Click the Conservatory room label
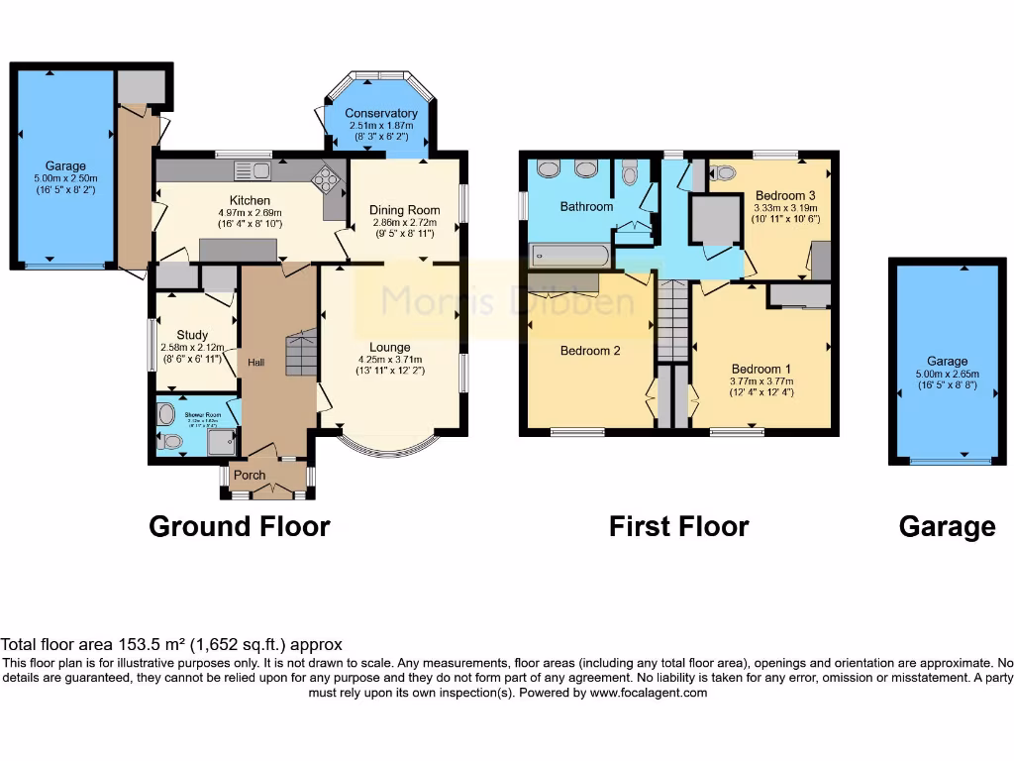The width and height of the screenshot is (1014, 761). [x=381, y=113]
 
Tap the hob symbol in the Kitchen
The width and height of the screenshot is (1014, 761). [x=324, y=178]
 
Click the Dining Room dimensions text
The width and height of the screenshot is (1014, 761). [x=404, y=224]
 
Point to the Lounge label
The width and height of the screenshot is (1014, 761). [x=390, y=347]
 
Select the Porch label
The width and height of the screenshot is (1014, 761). [x=250, y=475]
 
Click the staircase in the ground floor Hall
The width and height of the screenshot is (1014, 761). [x=301, y=354]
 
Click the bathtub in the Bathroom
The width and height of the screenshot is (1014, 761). [x=567, y=256]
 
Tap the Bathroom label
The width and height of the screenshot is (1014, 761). [x=586, y=207]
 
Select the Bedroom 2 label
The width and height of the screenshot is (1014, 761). [x=590, y=351]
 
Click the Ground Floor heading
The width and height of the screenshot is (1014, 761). [x=239, y=526]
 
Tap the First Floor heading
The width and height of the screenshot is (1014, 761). [x=678, y=526]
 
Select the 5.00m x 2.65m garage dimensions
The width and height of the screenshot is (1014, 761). [x=947, y=374]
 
